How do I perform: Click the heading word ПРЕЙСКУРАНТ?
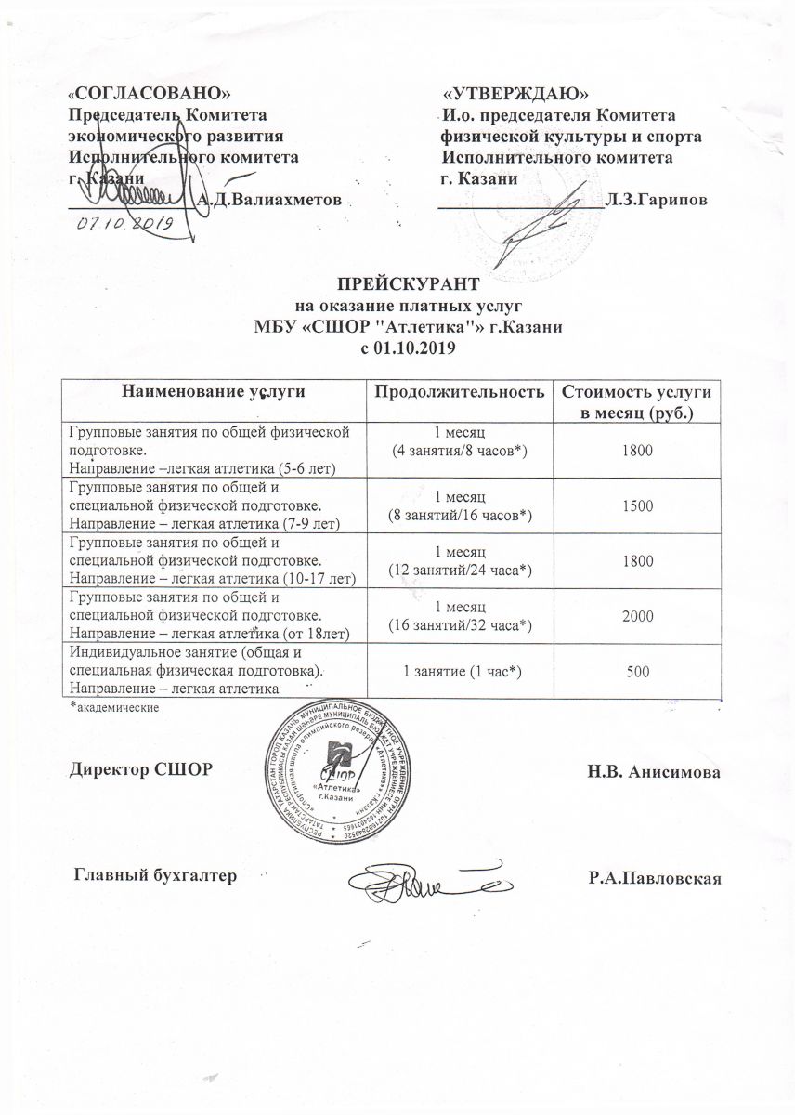tap(408, 282)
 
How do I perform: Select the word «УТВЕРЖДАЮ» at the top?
tap(515, 95)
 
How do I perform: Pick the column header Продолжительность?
tap(459, 393)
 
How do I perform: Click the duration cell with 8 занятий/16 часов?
tap(459, 514)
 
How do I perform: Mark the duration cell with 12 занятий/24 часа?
tap(459, 569)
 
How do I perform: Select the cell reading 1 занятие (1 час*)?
tap(459, 670)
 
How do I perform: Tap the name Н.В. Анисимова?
tap(654, 772)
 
